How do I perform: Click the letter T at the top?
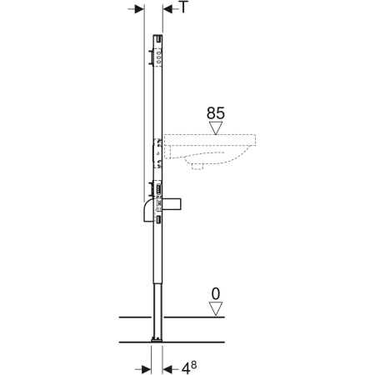pos(183,7)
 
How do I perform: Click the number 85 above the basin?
pos(216,113)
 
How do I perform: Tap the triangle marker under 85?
pos(216,128)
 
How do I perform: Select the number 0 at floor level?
pos(216,294)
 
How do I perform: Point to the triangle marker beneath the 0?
pos(216,309)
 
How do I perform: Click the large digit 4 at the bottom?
pos(186,369)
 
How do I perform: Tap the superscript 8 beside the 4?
pos(193,365)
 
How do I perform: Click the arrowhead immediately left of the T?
pos(167,9)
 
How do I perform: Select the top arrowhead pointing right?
pos(139,9)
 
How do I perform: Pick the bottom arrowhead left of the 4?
pos(167,369)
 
